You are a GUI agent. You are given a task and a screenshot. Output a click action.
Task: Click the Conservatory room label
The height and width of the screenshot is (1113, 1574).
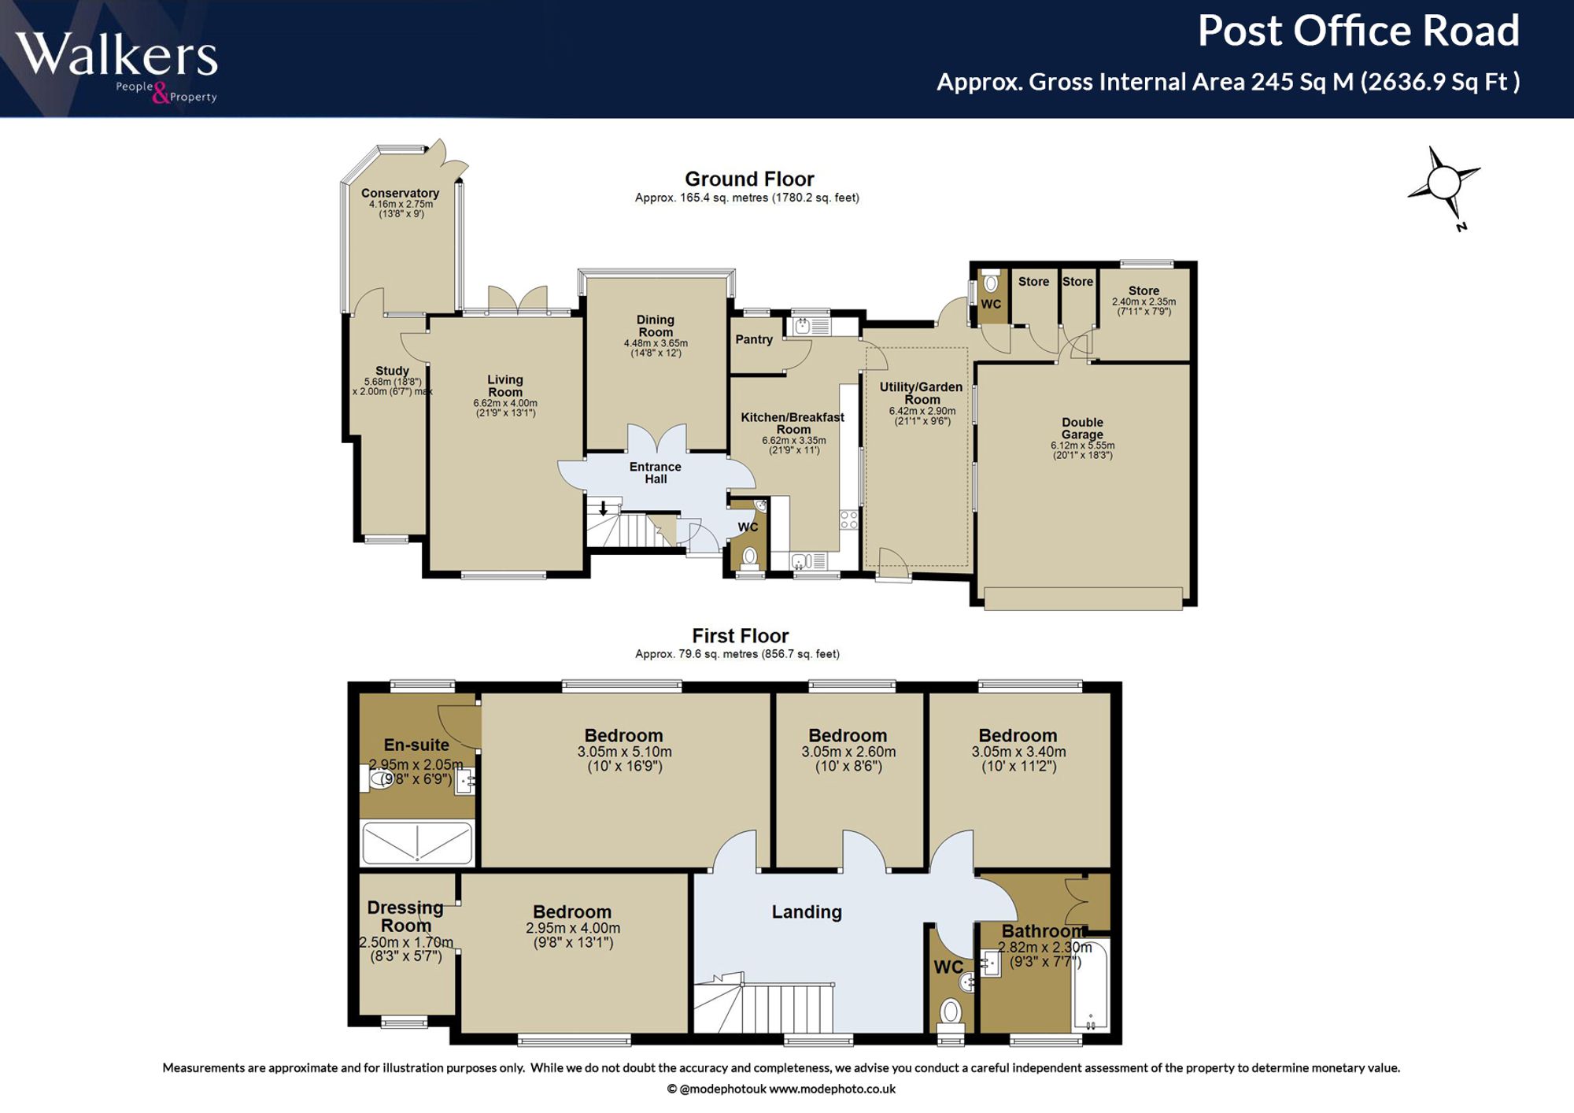click(400, 193)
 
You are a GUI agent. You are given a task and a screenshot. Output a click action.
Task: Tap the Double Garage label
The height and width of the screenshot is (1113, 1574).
click(1082, 428)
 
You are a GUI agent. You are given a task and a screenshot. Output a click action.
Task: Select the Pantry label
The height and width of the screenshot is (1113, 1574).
click(754, 339)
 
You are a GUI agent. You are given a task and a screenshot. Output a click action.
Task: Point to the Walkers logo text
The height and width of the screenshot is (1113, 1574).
click(116, 54)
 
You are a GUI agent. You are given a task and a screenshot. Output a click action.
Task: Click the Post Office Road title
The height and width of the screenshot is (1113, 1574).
click(1358, 31)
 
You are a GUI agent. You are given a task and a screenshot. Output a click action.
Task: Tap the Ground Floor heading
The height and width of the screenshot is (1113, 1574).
click(749, 179)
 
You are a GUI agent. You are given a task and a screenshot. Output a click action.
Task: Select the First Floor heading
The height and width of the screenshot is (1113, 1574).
click(740, 635)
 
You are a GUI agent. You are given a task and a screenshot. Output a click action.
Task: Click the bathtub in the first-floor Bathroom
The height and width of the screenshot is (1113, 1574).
click(1091, 985)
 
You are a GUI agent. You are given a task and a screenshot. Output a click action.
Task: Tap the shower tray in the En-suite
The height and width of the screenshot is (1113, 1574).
click(417, 843)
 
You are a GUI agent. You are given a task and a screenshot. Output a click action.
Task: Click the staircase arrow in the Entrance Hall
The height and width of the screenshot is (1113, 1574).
click(604, 508)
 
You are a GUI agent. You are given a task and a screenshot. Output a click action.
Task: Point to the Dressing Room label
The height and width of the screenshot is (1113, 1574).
click(405, 916)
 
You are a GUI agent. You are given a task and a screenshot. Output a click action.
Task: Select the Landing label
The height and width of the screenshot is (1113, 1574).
click(807, 911)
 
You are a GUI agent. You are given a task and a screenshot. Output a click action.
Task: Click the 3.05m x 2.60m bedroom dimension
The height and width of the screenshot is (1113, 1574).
click(848, 752)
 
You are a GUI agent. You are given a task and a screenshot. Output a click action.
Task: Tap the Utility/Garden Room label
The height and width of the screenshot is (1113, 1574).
click(921, 393)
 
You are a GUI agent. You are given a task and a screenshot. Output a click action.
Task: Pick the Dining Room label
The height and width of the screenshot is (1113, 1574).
click(656, 326)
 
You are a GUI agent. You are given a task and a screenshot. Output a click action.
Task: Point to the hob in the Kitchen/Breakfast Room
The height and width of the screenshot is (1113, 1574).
click(848, 520)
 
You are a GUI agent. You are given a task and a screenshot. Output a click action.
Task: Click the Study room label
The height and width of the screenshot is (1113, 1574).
click(392, 371)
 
